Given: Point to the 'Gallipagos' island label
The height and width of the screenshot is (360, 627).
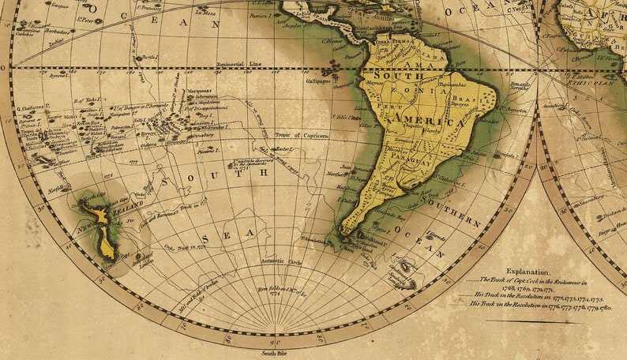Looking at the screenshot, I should click(x=319, y=80).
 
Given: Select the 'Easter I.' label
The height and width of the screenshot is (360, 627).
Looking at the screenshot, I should click(x=282, y=148).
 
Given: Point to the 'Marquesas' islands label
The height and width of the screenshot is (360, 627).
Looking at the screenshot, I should click(x=200, y=91).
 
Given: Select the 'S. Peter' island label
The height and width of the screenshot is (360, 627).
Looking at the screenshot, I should click(x=88, y=17).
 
